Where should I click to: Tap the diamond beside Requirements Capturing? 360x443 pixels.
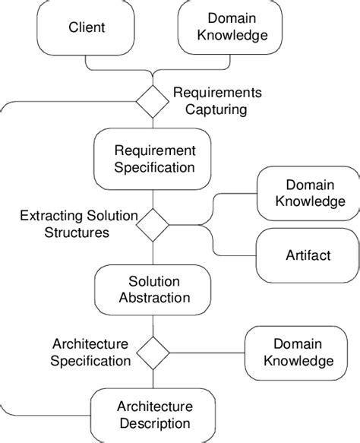pyautogui.click(x=153, y=101)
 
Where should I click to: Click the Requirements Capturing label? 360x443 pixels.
pyautogui.click(x=217, y=101)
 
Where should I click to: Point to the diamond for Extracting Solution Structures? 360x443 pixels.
pyautogui.click(x=153, y=224)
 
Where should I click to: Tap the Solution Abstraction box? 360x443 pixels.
pyautogui.click(x=153, y=289)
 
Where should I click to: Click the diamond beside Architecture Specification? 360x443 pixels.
pyautogui.click(x=153, y=352)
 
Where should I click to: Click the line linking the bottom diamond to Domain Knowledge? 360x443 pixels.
pyautogui.click(x=207, y=353)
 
